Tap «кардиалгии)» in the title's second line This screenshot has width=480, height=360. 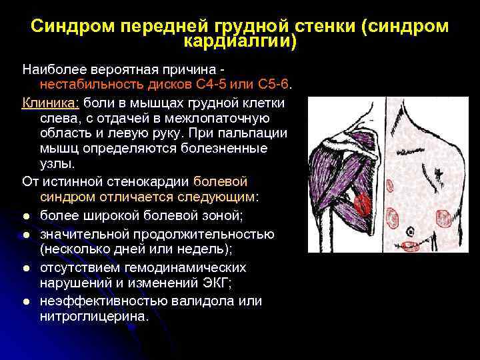tap(240, 41)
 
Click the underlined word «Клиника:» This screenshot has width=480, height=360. tap(51, 103)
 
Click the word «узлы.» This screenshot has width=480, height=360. tap(57, 164)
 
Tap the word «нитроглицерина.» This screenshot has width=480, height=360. tap(95, 316)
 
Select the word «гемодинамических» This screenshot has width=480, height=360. tap(178, 267)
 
